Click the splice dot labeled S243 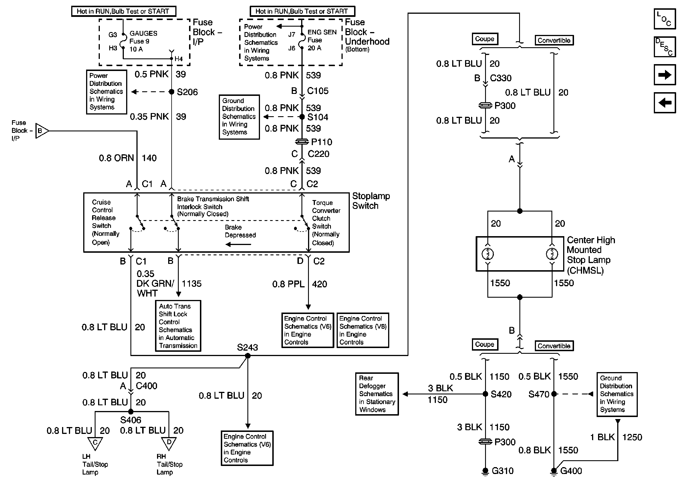pos(247,356)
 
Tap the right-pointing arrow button pos(665,75)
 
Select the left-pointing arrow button pos(665,103)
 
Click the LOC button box pos(665,19)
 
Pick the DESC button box pos(665,47)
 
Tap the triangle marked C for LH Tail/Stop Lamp pos(95,443)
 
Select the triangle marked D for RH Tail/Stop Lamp pos(169,443)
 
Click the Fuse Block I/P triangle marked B pos(41,131)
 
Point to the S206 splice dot pos(171,92)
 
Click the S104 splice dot pos(302,117)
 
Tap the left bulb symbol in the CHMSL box pos(488,254)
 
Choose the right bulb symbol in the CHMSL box pos(552,254)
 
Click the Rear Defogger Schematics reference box pos(377,394)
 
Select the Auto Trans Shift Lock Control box pos(178,326)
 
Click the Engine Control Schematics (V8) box pos(363,330)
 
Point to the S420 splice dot pos(486,394)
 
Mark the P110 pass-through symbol pos(302,141)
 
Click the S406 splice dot pos(131,412)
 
